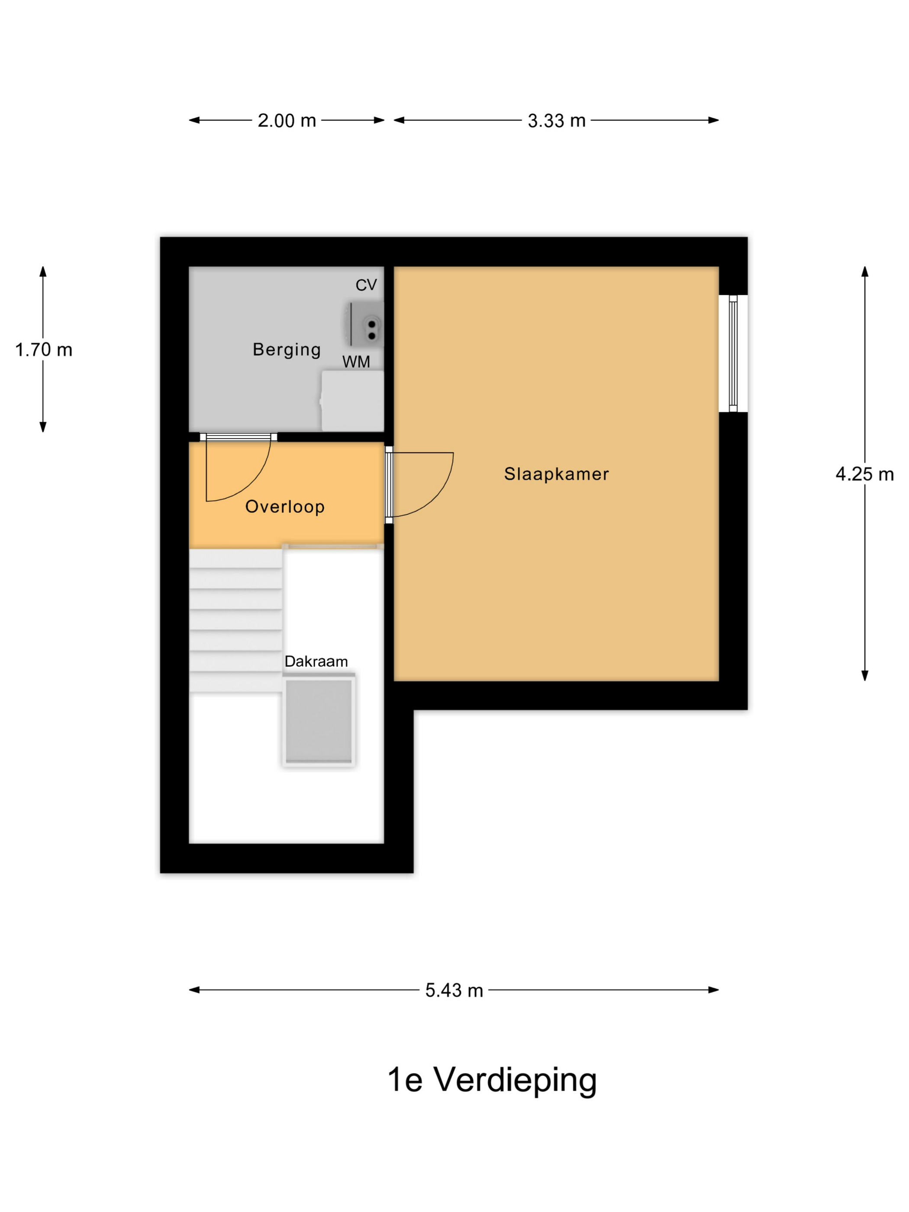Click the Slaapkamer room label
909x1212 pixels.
[556, 474]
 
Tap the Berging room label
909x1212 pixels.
[287, 350]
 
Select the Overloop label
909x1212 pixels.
[285, 507]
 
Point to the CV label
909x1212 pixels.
[366, 285]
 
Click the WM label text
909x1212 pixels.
[356, 361]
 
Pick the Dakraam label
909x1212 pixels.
[316, 661]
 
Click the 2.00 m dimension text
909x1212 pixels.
[287, 120]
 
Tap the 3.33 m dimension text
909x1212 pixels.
[557, 120]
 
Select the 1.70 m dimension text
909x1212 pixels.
[44, 350]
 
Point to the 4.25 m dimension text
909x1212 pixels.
[864, 474]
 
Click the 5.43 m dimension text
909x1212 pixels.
[454, 990]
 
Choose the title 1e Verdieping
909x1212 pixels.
[492, 1080]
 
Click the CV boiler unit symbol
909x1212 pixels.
[365, 324]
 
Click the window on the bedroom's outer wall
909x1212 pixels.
[734, 353]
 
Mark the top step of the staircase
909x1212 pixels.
[235, 558]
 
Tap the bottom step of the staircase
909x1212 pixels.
[235, 682]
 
